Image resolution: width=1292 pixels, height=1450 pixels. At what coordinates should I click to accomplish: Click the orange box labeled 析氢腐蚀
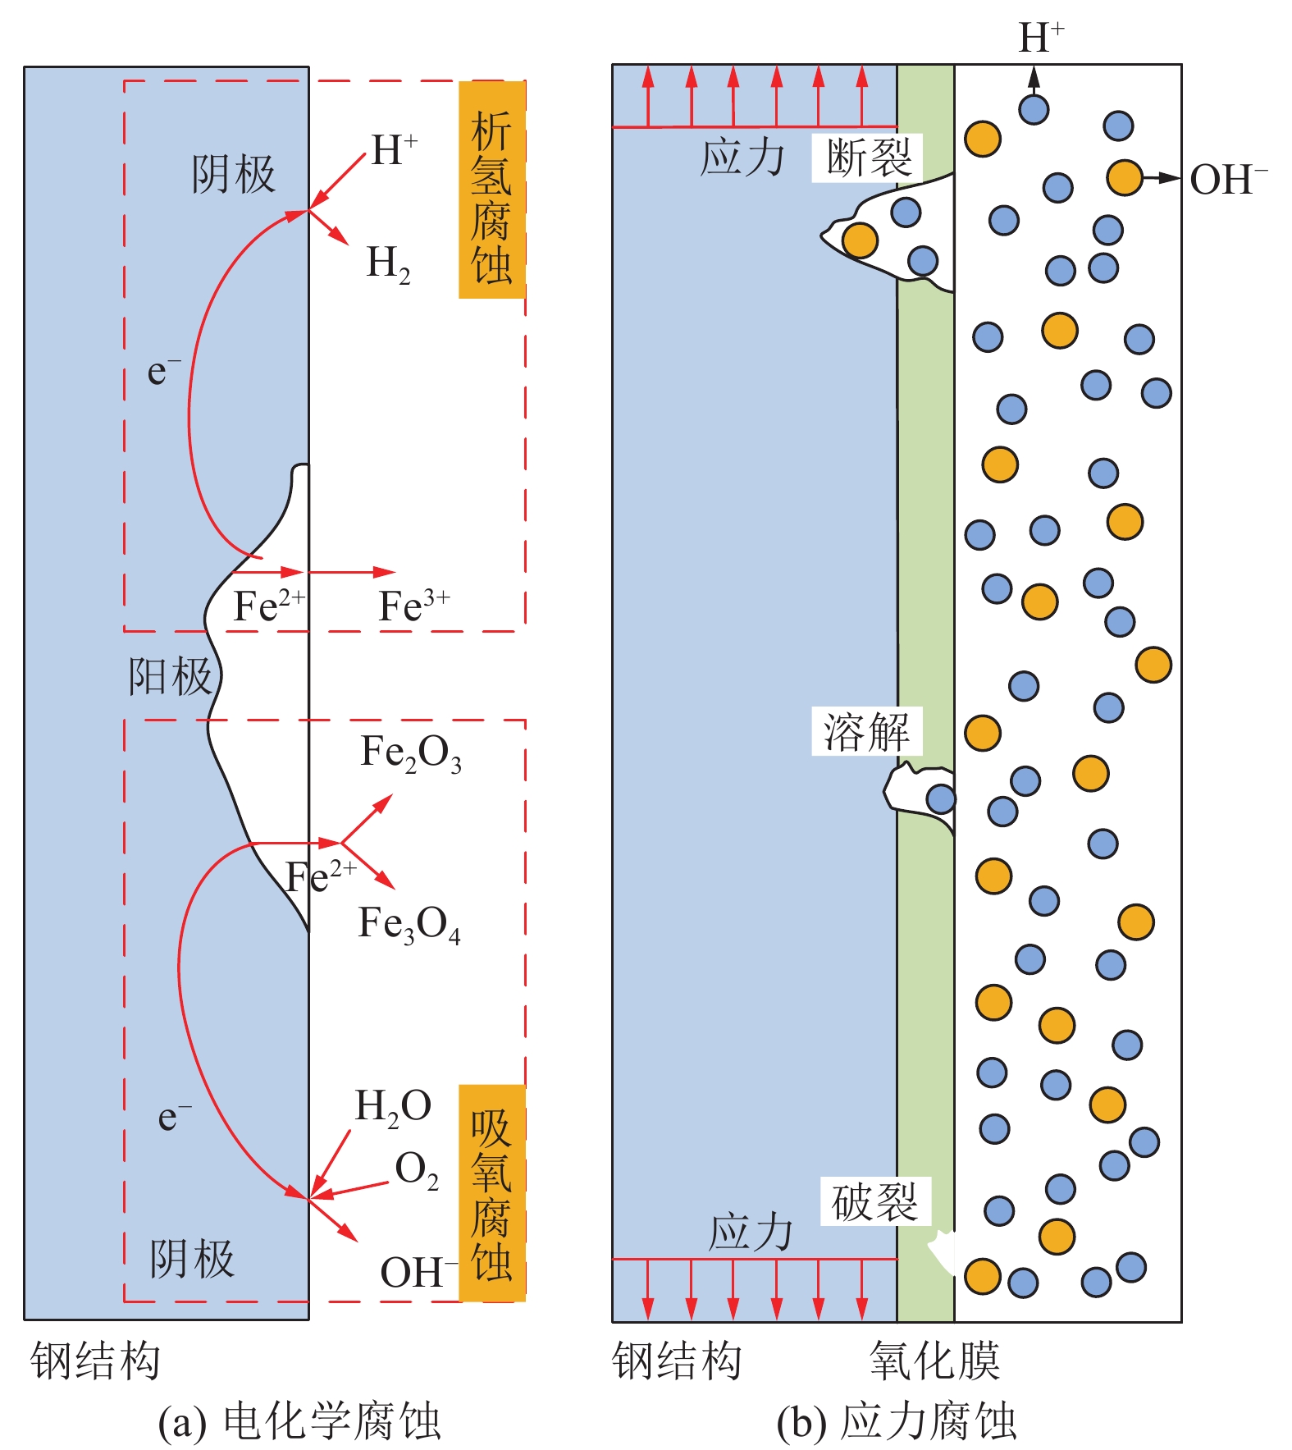click(491, 190)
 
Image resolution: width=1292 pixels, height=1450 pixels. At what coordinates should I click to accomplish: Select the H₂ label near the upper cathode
click(388, 264)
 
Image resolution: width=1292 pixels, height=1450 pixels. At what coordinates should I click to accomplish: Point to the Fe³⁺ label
click(413, 607)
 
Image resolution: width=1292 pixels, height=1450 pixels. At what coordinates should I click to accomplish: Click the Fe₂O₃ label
click(411, 752)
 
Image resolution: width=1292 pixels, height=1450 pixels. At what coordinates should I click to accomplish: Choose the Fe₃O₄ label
click(409, 924)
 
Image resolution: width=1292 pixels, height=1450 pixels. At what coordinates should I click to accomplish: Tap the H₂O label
click(393, 1106)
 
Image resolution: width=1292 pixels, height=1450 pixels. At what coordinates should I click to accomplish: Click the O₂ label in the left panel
click(417, 1170)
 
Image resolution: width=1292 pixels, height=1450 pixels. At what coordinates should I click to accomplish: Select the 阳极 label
click(171, 677)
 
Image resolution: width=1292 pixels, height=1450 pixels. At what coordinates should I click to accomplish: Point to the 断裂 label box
click(868, 158)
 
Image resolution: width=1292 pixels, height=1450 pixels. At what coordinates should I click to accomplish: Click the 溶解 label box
click(866, 731)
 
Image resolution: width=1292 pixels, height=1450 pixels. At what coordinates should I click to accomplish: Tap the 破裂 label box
click(874, 1203)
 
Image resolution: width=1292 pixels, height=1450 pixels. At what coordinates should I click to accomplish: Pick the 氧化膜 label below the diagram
click(934, 1361)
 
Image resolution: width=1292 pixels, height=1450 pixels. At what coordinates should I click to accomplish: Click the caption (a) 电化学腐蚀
click(299, 1421)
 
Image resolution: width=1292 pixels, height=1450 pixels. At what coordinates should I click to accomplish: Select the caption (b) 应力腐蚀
click(897, 1421)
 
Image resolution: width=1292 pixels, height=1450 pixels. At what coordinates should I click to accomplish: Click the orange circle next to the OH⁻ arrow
click(1124, 177)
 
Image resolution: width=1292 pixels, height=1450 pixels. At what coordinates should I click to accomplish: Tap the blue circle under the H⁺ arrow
click(1034, 109)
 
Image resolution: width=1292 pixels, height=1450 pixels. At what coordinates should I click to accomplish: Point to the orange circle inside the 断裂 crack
click(860, 240)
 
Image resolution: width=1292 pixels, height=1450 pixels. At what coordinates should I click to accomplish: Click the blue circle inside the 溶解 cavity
click(941, 798)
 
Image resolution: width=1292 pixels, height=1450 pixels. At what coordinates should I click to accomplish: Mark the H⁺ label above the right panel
click(1041, 37)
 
